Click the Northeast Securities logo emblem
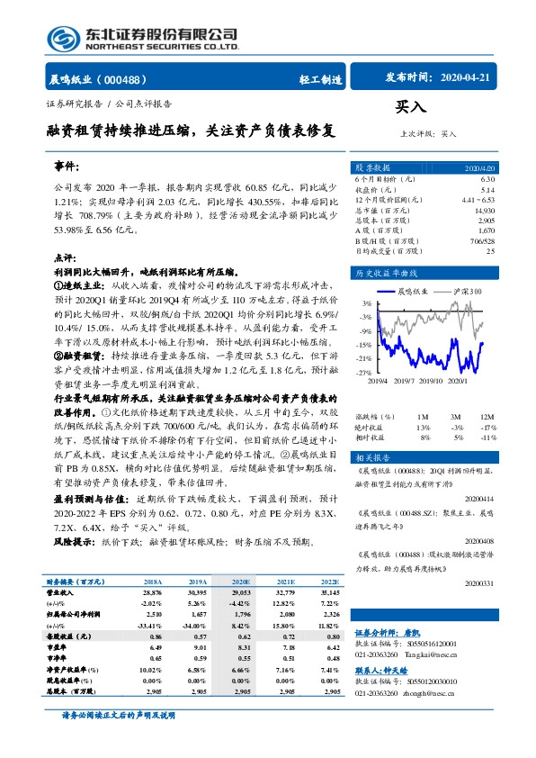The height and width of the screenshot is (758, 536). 63,39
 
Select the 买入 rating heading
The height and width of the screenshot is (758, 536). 410,107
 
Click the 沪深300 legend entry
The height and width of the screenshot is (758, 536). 464,292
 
